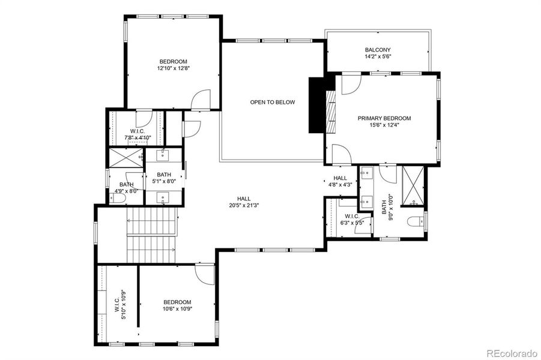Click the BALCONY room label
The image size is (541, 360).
pyautogui.click(x=378, y=50)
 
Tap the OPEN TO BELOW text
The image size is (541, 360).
pyautogui.click(x=273, y=102)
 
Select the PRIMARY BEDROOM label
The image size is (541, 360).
pyautogui.click(x=384, y=118)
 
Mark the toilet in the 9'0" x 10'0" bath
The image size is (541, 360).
pyautogui.click(x=414, y=222)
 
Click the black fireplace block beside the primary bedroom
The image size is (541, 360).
pyautogui.click(x=316, y=105)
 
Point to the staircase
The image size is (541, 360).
pyautogui.click(x=152, y=235)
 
